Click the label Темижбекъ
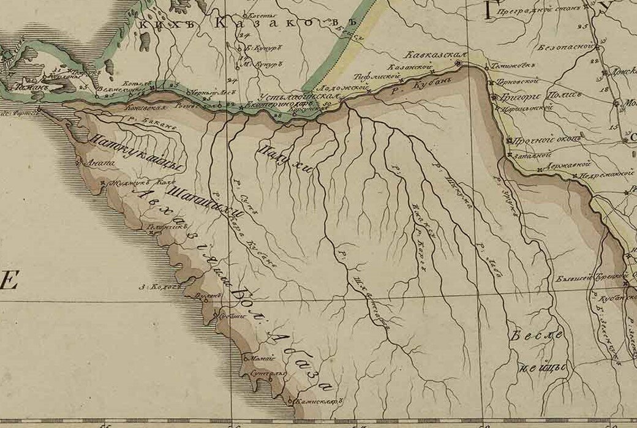point(510,66)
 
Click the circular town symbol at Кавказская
point(458,64)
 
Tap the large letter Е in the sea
point(9,282)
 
